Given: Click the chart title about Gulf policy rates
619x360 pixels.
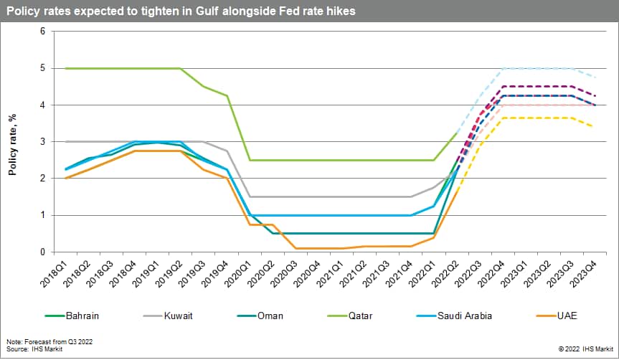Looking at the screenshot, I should click(181, 12).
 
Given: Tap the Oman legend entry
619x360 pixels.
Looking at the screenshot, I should click(269, 315).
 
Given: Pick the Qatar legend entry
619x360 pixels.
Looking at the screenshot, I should click(363, 315).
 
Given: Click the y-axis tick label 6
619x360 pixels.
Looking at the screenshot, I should click(42, 32).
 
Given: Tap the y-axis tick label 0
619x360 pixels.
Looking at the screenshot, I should click(42, 252).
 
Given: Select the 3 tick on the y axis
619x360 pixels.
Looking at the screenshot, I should click(42, 142).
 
